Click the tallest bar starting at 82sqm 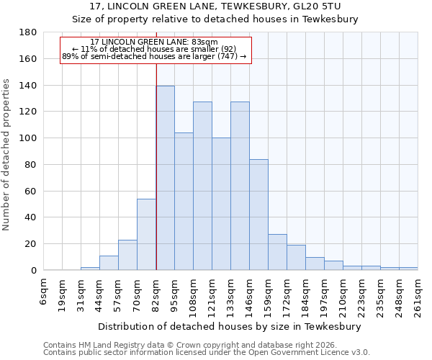[x=166, y=178]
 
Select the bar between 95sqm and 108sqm [x=184, y=202]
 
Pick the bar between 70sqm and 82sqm [x=147, y=235]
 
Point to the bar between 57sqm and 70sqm [x=127, y=255]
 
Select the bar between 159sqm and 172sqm [x=277, y=252]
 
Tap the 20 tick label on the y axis [x=31, y=244]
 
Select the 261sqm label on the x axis [x=418, y=292]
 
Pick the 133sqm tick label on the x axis [x=231, y=292]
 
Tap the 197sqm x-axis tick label [x=325, y=292]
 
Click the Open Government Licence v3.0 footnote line [x=207, y=353]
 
